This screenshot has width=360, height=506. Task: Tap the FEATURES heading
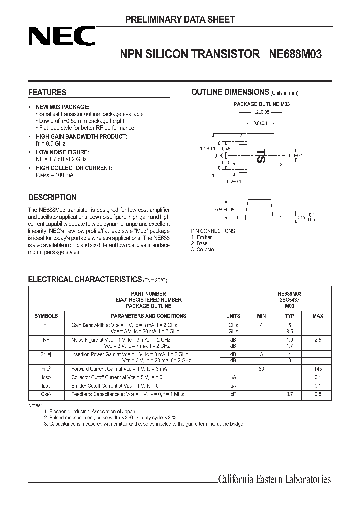pyautogui.click(x=47, y=92)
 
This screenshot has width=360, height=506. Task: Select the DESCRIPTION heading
pyautogui.click(x=52, y=197)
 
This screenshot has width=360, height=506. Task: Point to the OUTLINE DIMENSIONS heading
pyautogui.click(x=230, y=92)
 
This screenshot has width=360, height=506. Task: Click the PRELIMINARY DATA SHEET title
pyautogui.click(x=179, y=20)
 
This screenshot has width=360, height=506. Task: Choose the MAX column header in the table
pyautogui.click(x=318, y=316)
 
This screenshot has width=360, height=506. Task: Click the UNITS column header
pyautogui.click(x=233, y=316)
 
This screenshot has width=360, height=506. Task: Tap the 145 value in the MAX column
pyautogui.click(x=318, y=369)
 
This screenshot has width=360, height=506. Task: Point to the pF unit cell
pyautogui.click(x=233, y=394)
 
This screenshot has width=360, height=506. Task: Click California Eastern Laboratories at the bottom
pyautogui.click(x=274, y=480)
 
